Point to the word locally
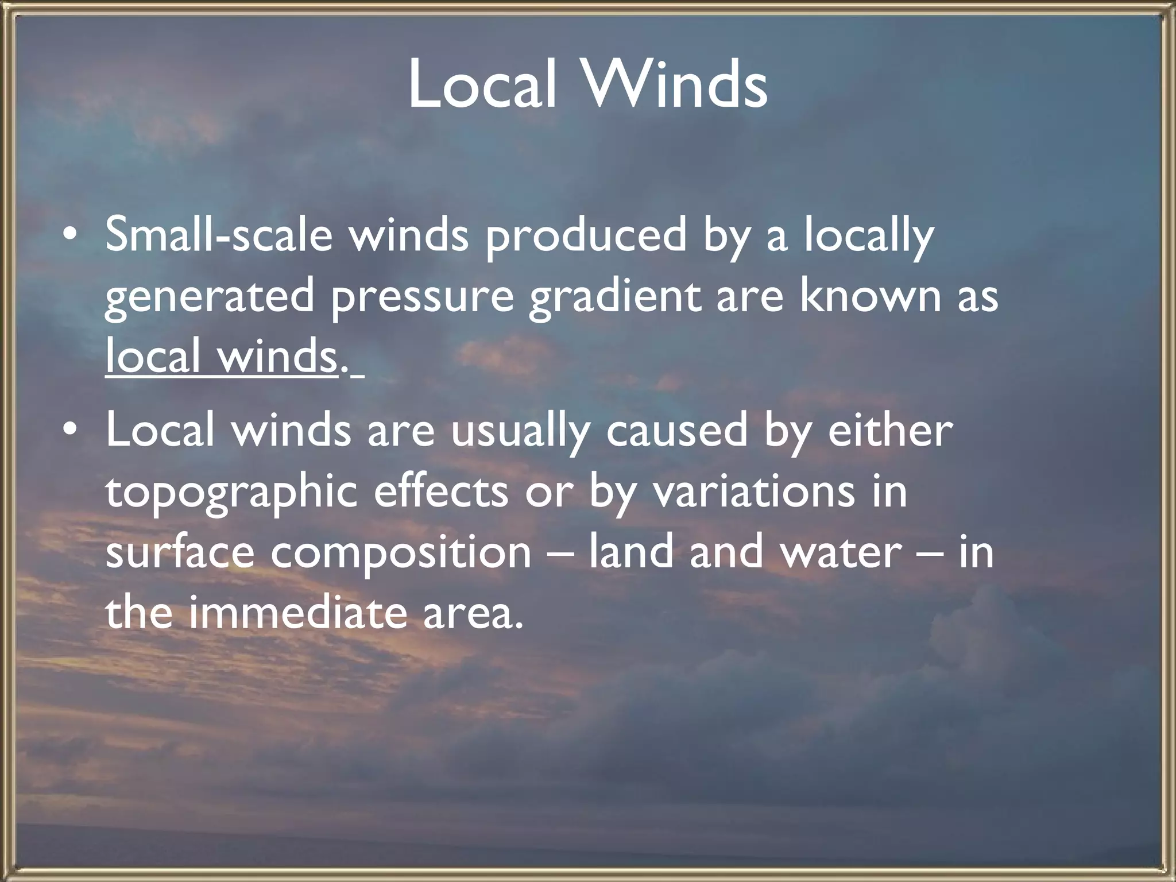(x=868, y=237)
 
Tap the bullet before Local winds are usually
(x=69, y=430)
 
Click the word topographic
(x=232, y=493)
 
